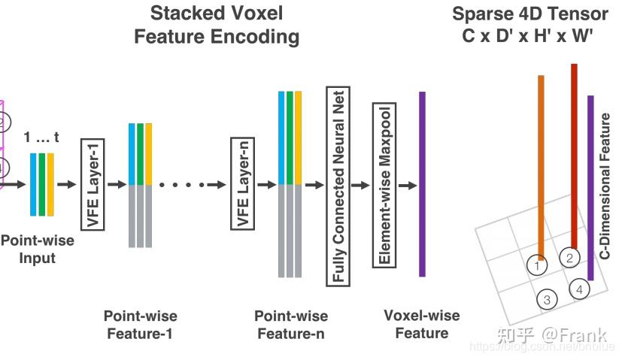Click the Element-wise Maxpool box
pos(384,185)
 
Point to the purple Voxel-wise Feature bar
pos(422,184)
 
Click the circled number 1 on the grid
pos(537,265)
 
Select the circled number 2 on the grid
pos(569,258)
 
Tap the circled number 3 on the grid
pos(547,300)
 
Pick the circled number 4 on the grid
pos(578,289)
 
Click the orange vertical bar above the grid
pos(540,165)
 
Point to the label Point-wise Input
pos(37,250)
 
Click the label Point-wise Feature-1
pos(140,324)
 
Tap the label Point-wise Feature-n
pos(290,324)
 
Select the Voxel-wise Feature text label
pos(422,324)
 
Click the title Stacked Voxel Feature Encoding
pos(217,25)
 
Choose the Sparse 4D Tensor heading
pos(529,25)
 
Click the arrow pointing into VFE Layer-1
pos(67,185)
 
